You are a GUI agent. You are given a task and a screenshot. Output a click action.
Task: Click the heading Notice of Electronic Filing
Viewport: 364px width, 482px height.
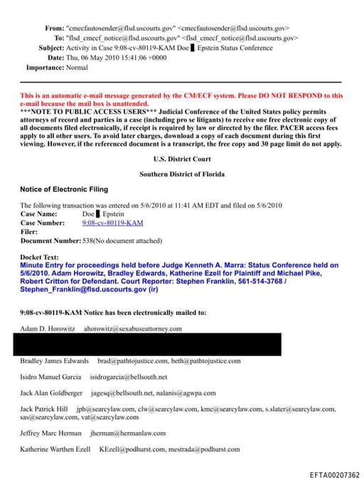point(64,189)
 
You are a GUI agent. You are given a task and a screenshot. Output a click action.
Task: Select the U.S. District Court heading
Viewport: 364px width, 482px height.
point(182,160)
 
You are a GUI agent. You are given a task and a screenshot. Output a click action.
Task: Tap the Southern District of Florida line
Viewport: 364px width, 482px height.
point(182,173)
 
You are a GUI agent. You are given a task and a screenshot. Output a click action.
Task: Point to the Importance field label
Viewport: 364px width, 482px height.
point(50,68)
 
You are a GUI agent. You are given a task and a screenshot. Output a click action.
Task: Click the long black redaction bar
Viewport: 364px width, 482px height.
point(147,344)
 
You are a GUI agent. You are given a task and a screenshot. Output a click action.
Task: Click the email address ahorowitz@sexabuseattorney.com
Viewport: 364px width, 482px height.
point(133,329)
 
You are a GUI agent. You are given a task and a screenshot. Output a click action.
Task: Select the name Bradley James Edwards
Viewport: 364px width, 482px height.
point(55,361)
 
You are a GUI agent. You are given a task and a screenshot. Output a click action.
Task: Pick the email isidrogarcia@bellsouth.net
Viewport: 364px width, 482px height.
point(129,377)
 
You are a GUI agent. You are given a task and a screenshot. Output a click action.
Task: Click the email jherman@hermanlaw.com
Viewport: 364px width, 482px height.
point(128,433)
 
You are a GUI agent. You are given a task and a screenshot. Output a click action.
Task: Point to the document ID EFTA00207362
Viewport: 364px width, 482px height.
point(334,475)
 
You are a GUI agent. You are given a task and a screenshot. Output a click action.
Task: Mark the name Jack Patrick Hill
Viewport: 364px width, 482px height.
point(44,409)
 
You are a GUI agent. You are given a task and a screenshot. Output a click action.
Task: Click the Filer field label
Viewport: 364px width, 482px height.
point(29,231)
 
